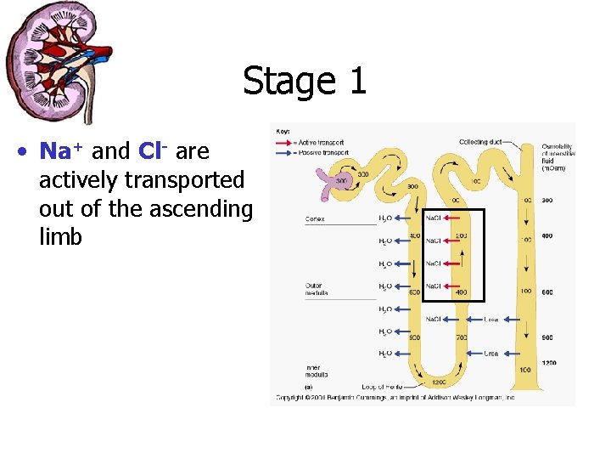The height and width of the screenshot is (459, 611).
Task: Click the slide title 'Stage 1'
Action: (305, 82)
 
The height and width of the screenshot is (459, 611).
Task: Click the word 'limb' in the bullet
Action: (60, 237)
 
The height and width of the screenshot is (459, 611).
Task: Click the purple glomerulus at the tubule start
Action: (325, 179)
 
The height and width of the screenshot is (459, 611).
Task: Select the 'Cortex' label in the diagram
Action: (315, 219)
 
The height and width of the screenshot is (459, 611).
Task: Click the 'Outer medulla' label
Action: (317, 288)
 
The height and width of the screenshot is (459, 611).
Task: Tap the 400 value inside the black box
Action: (461, 292)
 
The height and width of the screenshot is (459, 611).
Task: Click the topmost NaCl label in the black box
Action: (434, 218)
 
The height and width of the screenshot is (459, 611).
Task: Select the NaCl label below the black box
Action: (434, 320)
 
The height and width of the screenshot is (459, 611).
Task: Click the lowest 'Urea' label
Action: (491, 353)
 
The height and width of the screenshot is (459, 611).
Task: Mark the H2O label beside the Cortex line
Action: (385, 218)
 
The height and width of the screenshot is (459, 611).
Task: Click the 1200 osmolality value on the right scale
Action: (548, 362)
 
